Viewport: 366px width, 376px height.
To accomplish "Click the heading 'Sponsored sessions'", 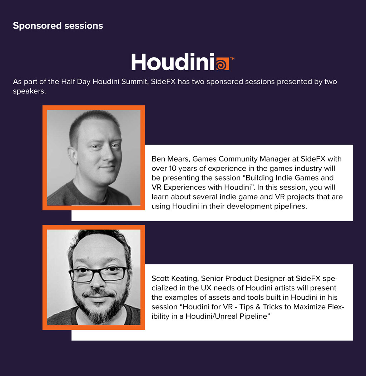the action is [x=58, y=26].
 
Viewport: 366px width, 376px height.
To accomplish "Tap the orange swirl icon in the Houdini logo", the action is [x=222, y=64].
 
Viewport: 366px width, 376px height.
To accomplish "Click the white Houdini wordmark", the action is [x=173, y=62].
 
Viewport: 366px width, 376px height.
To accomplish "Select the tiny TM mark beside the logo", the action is [x=232, y=58].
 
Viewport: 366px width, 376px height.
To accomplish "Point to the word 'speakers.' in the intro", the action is [x=29, y=91].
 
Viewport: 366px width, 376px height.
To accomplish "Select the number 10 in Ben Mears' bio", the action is [x=173, y=168].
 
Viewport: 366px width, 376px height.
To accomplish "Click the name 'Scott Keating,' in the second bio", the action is [x=175, y=278].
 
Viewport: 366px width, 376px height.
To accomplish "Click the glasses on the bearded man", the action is [x=98, y=274].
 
